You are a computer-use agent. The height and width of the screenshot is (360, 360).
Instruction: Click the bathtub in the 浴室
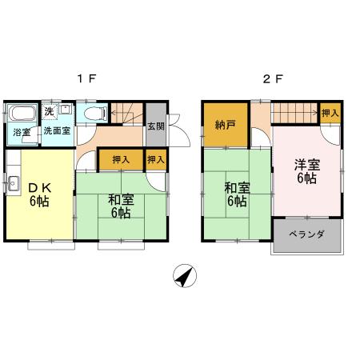(22, 113)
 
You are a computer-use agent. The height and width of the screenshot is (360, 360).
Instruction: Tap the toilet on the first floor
(95, 114)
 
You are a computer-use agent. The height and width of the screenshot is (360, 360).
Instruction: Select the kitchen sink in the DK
(13, 183)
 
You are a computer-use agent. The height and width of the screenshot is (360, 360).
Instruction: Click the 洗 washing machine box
(50, 111)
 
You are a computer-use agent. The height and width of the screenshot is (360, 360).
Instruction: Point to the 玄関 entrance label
(156, 126)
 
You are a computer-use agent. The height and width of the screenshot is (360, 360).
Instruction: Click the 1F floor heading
(86, 79)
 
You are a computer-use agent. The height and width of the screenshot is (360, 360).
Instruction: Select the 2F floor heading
(273, 79)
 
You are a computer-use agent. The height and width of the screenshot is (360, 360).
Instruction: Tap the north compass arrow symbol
(185, 275)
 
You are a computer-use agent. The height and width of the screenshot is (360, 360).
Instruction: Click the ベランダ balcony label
(306, 234)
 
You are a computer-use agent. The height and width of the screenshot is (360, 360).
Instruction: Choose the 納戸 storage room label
(226, 125)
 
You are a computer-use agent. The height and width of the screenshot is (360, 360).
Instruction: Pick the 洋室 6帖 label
(307, 171)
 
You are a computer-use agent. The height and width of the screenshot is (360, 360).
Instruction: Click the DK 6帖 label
(40, 195)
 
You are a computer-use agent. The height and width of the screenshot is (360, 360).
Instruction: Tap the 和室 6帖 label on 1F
(121, 206)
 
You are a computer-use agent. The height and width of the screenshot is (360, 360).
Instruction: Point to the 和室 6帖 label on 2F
(237, 194)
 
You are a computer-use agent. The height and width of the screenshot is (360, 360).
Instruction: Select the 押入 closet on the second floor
(330, 113)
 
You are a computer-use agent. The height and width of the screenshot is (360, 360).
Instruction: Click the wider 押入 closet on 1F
(121, 159)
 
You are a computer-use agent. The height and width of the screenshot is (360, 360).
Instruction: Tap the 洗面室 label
(57, 130)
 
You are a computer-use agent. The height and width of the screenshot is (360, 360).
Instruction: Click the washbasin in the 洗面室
(65, 109)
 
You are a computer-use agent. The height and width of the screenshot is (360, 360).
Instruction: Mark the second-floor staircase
(295, 113)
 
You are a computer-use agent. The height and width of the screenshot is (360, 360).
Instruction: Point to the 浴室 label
(22, 132)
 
